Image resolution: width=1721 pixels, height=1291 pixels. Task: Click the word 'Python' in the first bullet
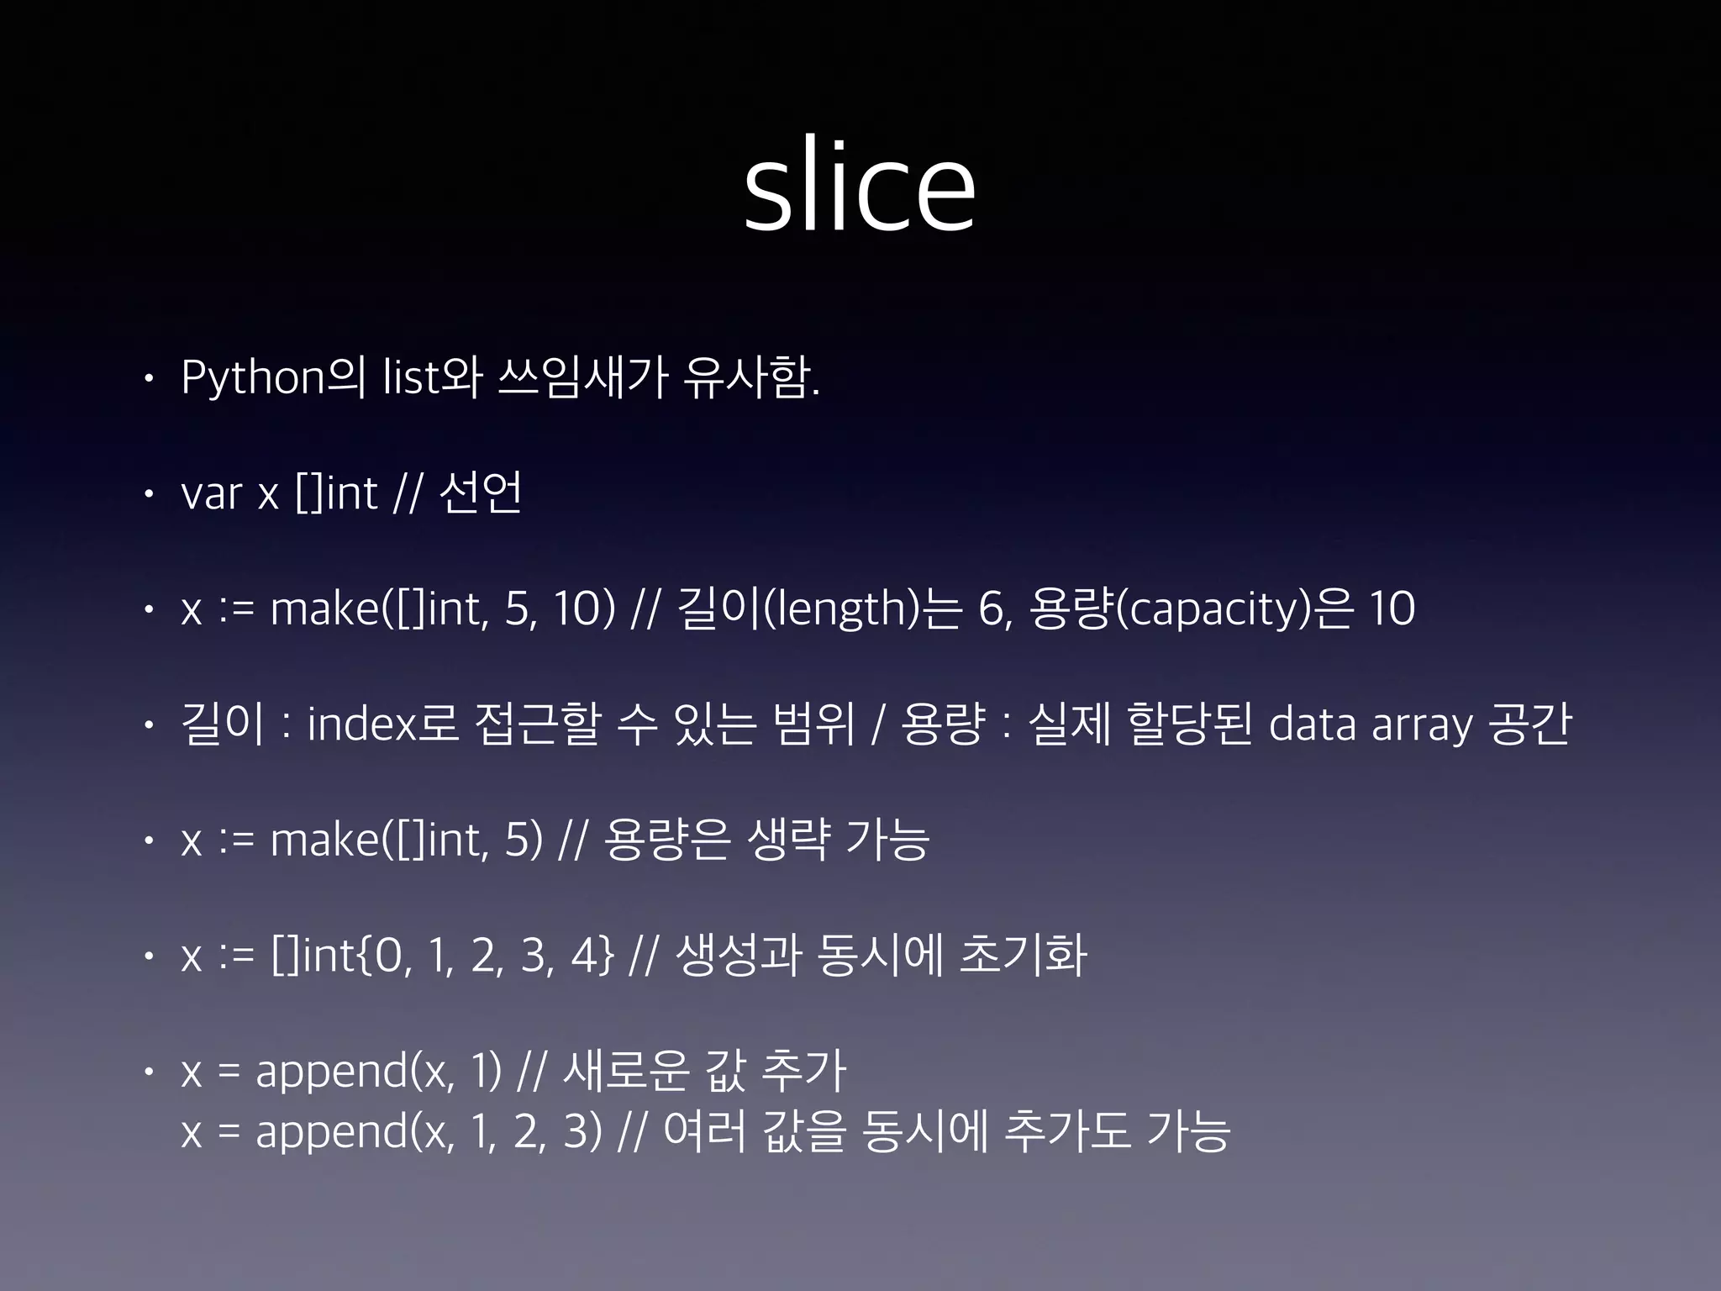click(253, 377)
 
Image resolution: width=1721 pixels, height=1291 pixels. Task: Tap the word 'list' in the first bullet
click(411, 377)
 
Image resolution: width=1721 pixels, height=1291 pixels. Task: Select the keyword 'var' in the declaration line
click(213, 493)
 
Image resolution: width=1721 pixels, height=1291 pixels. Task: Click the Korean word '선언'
click(481, 493)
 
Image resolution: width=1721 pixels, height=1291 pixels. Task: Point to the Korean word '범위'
click(811, 725)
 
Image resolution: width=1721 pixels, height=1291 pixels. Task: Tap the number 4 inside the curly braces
click(583, 956)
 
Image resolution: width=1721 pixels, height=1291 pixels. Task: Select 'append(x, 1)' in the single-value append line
click(378, 1072)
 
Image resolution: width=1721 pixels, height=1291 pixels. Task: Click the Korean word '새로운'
click(626, 1072)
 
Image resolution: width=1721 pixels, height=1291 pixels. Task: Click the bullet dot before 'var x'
click(148, 495)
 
